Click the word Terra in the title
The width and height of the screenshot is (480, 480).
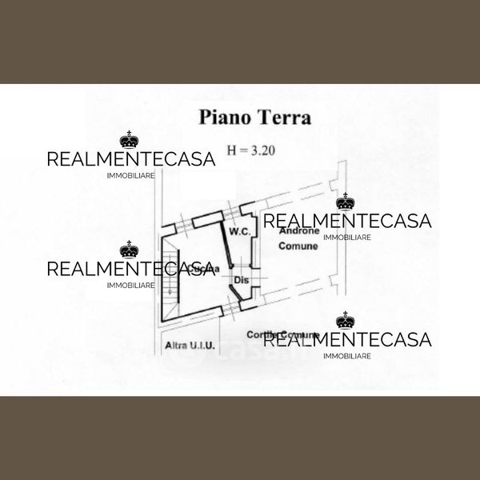(x=282, y=118)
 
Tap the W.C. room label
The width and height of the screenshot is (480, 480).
(x=241, y=231)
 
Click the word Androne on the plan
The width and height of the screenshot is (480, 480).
(x=300, y=231)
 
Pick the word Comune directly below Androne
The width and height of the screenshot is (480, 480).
(x=298, y=246)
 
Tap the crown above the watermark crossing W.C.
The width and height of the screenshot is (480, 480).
(x=346, y=202)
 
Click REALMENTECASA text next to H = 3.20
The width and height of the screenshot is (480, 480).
(x=131, y=158)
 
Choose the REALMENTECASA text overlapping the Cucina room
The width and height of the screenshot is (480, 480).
(x=131, y=268)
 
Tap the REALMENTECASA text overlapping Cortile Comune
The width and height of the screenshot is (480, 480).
(x=347, y=340)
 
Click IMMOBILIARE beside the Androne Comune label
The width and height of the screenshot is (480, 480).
(x=346, y=237)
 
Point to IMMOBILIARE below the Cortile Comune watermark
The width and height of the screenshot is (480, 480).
(x=346, y=355)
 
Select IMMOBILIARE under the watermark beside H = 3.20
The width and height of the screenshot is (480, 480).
(x=130, y=174)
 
